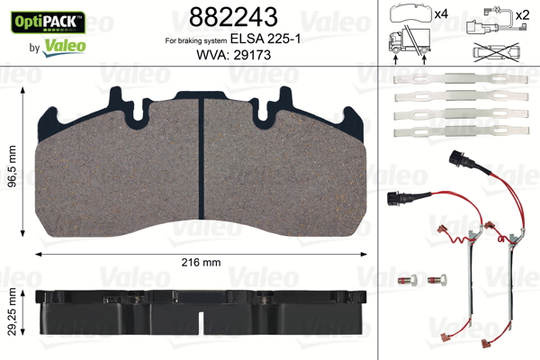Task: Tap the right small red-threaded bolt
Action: click(x=438, y=280)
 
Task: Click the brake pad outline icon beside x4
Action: click(x=412, y=13)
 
